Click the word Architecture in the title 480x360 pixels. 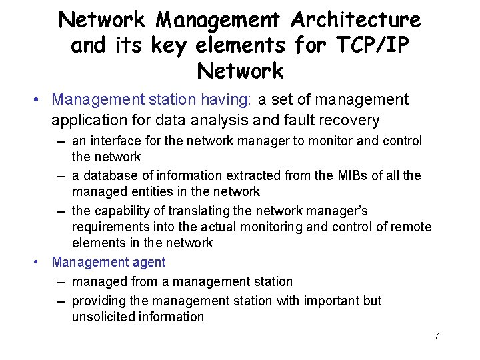tap(355, 20)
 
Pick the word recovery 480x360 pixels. tap(359, 121)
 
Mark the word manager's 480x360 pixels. tap(340, 211)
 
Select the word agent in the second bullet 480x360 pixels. tap(148, 263)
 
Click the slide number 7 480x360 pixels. tap(436, 336)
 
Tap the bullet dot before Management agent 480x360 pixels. tap(37, 263)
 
